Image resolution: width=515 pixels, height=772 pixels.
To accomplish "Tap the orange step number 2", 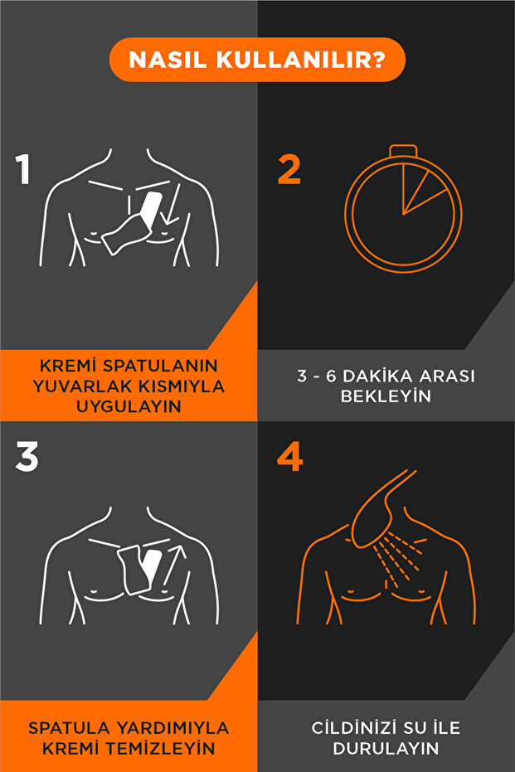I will tap(289, 169).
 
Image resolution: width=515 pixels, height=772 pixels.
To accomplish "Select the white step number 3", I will tap(27, 456).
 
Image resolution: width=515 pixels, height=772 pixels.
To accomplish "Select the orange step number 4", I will tap(289, 456).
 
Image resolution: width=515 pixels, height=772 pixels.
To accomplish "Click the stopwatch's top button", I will tap(403, 149).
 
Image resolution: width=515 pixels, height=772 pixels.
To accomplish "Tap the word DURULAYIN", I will tap(386, 748).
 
